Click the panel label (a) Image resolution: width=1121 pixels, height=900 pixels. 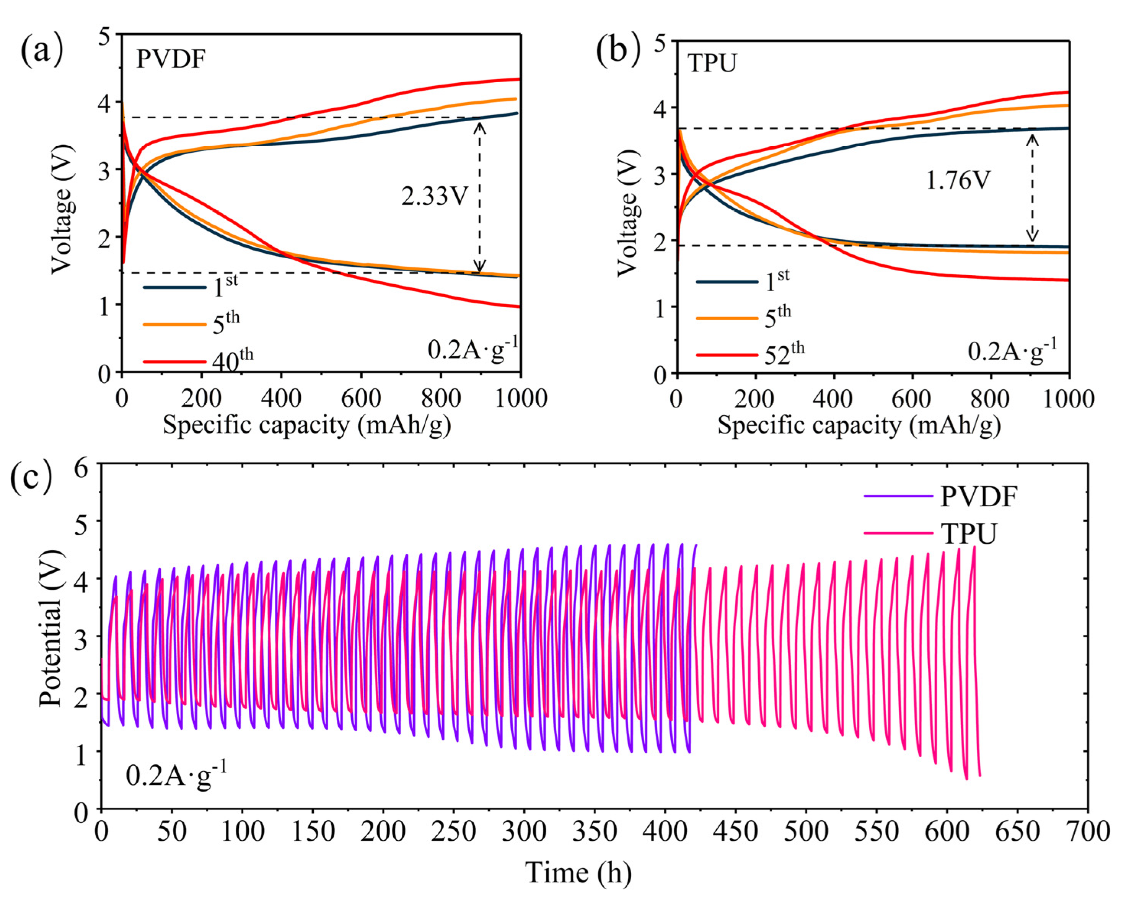[42, 49]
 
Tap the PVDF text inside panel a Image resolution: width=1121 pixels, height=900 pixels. [171, 60]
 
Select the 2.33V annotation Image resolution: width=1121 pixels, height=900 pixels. [435, 197]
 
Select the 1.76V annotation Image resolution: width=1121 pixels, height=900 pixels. [958, 180]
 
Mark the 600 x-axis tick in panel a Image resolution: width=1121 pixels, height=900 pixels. [361, 398]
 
